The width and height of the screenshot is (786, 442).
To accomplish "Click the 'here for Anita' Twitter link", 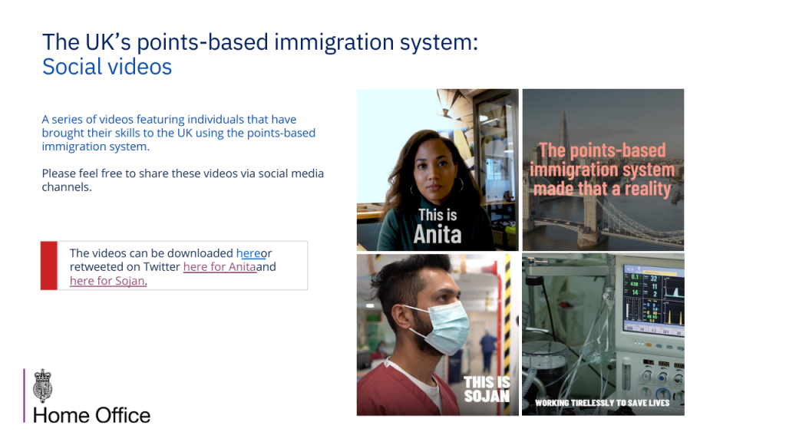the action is pos(220,267).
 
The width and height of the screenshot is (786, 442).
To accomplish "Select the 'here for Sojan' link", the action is pos(107,281).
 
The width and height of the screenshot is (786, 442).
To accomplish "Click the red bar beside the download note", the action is pos(49,266).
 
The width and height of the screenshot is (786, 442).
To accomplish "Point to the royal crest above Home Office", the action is pos(43,385).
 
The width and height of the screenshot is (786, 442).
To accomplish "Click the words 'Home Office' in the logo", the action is pos(92,415).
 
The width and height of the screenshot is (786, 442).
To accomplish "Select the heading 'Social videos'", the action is pos(107,67).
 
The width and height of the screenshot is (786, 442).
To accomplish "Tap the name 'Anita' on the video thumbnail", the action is pos(438,234).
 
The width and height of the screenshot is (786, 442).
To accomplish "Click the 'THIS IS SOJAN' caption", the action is pos(487,389).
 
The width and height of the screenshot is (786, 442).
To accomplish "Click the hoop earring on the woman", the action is pos(459,186).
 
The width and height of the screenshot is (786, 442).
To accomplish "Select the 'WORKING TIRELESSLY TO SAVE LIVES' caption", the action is pos(602,403).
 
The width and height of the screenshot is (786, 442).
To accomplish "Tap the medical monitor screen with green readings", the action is pos(653,299).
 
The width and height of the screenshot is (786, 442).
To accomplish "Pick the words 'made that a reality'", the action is pos(602,189).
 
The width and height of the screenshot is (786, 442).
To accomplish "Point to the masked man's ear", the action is pos(399,315).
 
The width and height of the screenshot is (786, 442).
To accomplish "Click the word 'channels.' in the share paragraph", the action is pos(67,187).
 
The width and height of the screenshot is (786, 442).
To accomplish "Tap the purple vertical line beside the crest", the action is pos(24,396).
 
